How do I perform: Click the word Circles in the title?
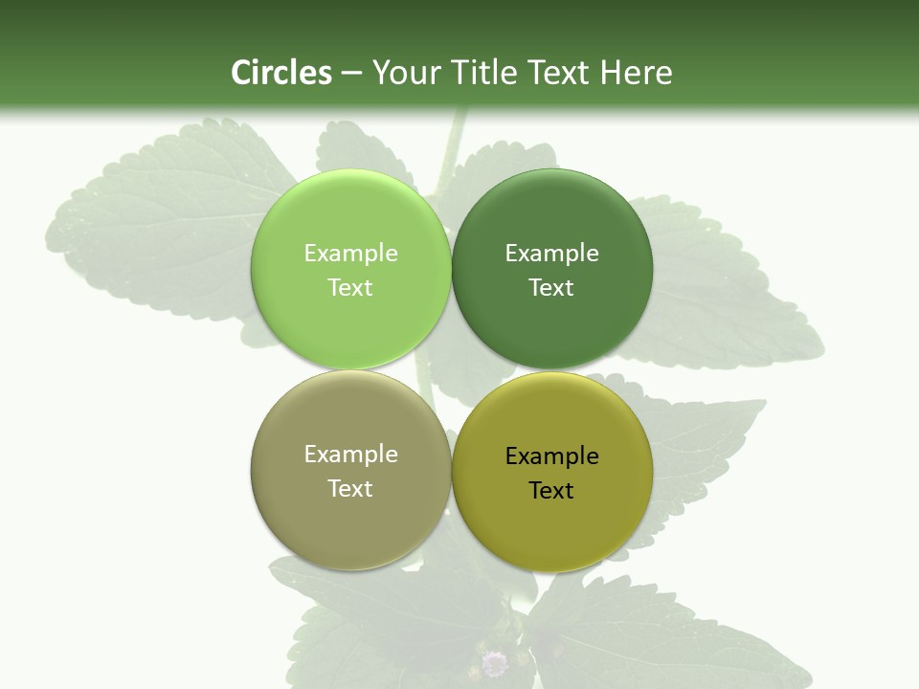point(280,73)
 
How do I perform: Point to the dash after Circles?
point(351,74)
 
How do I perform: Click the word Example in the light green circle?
point(350,254)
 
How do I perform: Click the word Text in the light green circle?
point(350,288)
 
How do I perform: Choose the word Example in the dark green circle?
point(552,254)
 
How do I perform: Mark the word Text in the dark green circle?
point(552,288)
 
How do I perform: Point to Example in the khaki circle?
point(350,455)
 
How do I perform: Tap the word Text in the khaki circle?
point(350,489)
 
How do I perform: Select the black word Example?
point(552,456)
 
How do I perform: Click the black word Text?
point(552,491)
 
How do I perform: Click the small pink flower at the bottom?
point(494,662)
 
